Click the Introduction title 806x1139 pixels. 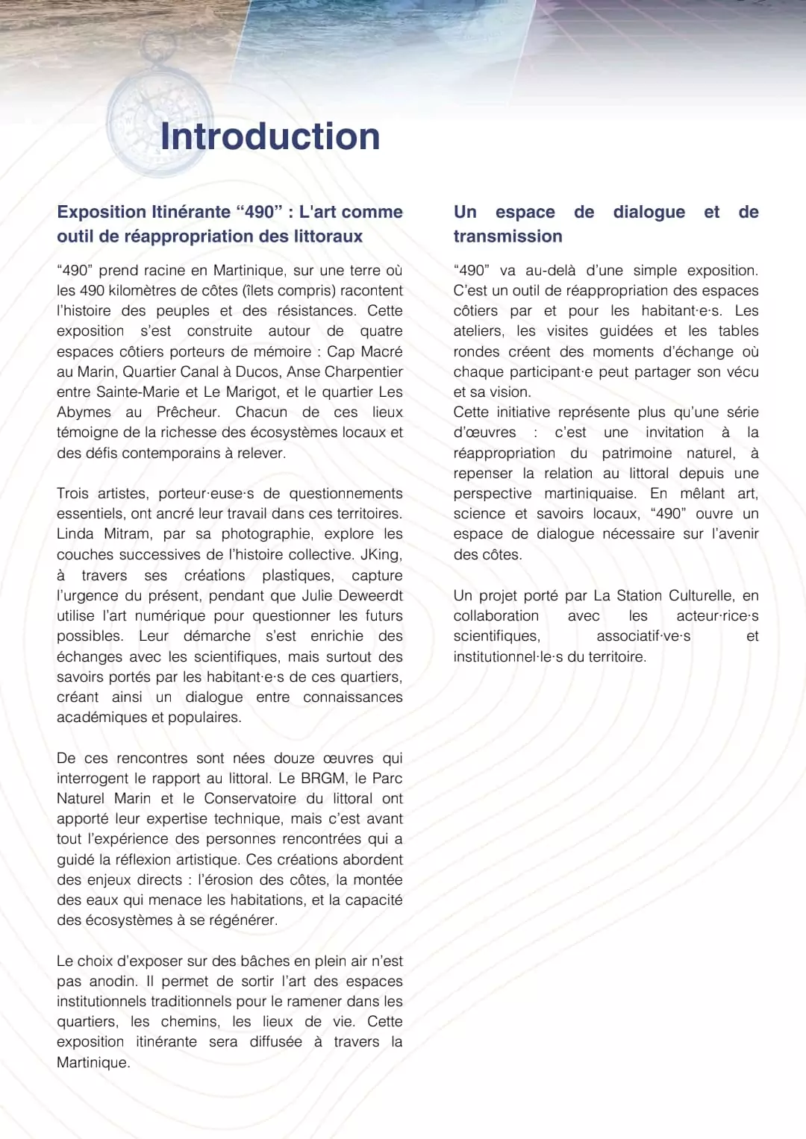point(270,137)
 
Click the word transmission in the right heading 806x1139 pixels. point(507,236)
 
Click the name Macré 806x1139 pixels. point(381,351)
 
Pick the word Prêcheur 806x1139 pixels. point(188,412)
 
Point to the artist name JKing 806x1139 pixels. point(381,555)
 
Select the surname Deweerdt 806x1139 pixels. point(370,596)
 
